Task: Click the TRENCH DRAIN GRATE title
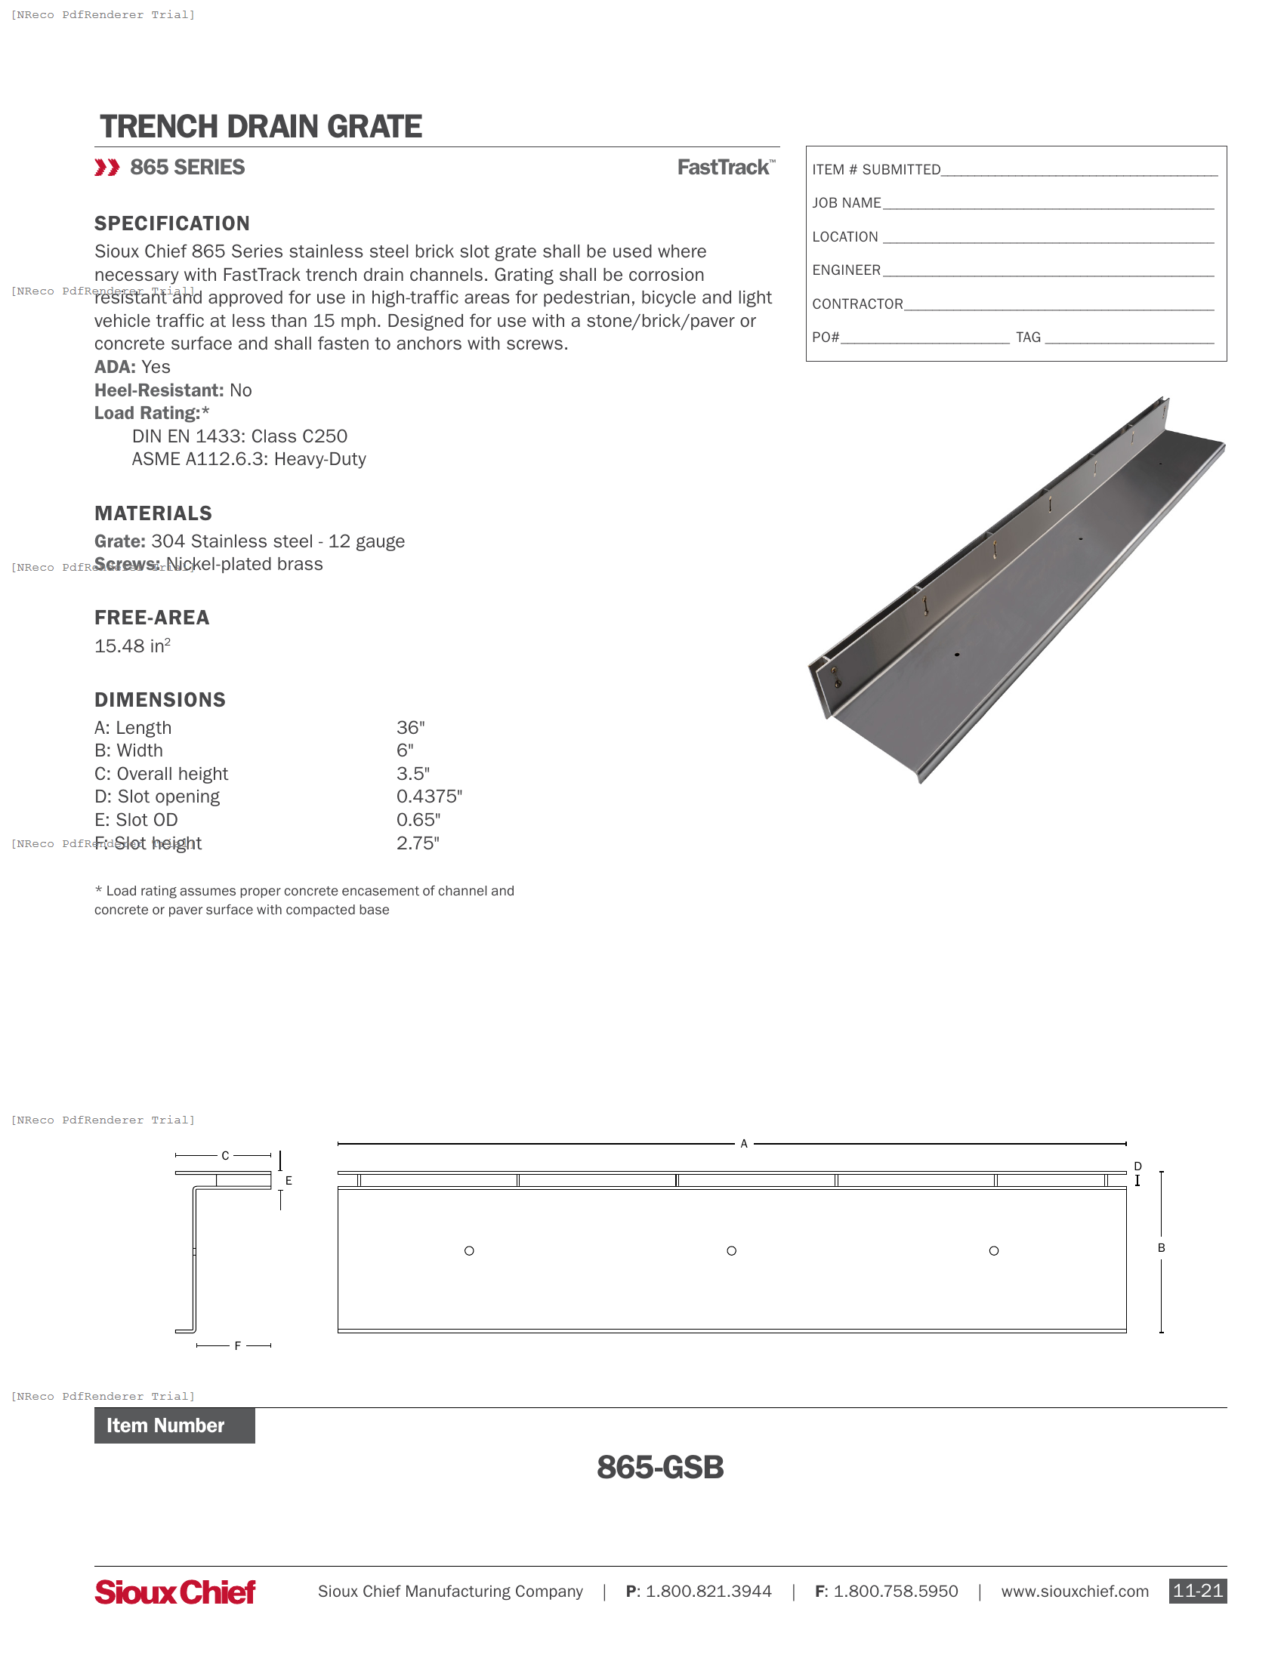click(x=260, y=127)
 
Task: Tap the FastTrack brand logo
click(x=725, y=168)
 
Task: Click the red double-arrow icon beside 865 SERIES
click(x=106, y=168)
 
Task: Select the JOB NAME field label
click(x=846, y=203)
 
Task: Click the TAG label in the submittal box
click(x=1028, y=337)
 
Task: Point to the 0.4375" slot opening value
click(x=429, y=797)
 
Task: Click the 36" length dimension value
click(x=410, y=728)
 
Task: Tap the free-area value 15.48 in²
click(x=132, y=646)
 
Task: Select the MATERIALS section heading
click(x=153, y=513)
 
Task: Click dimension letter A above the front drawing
click(x=743, y=1143)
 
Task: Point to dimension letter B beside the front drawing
click(x=1161, y=1247)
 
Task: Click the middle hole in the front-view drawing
click(x=731, y=1250)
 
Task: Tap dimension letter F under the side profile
click(x=237, y=1345)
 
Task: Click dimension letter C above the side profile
click(x=225, y=1155)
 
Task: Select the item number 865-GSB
click(x=659, y=1467)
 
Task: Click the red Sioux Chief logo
click(x=175, y=1592)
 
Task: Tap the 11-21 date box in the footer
click(x=1196, y=1591)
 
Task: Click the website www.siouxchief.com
click(x=1074, y=1591)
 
